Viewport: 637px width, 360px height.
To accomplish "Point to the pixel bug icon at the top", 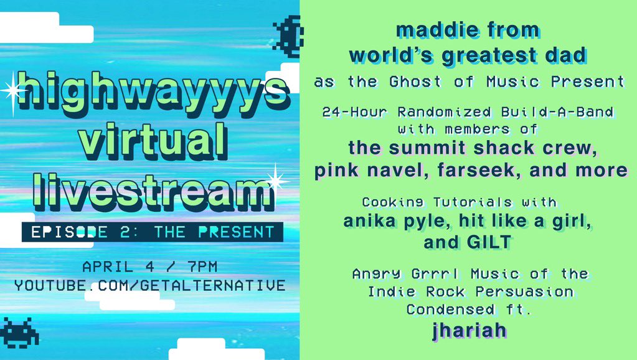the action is coord(288,37).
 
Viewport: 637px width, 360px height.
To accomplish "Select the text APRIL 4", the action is coord(118,267).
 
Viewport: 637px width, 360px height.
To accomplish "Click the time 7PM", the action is coord(203,267).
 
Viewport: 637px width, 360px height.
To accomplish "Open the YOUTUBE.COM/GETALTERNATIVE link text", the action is coord(150,285).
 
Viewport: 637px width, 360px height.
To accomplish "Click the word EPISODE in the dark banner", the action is coord(70,232).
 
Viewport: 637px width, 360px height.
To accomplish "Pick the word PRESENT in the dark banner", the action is coord(236,232).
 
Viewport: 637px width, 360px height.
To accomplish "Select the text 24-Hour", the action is coord(354,111).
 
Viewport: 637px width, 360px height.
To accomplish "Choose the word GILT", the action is coord(489,242).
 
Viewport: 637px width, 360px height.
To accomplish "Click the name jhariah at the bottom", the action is coord(469,330).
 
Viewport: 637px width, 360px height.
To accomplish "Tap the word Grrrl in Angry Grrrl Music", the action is coord(435,274).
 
